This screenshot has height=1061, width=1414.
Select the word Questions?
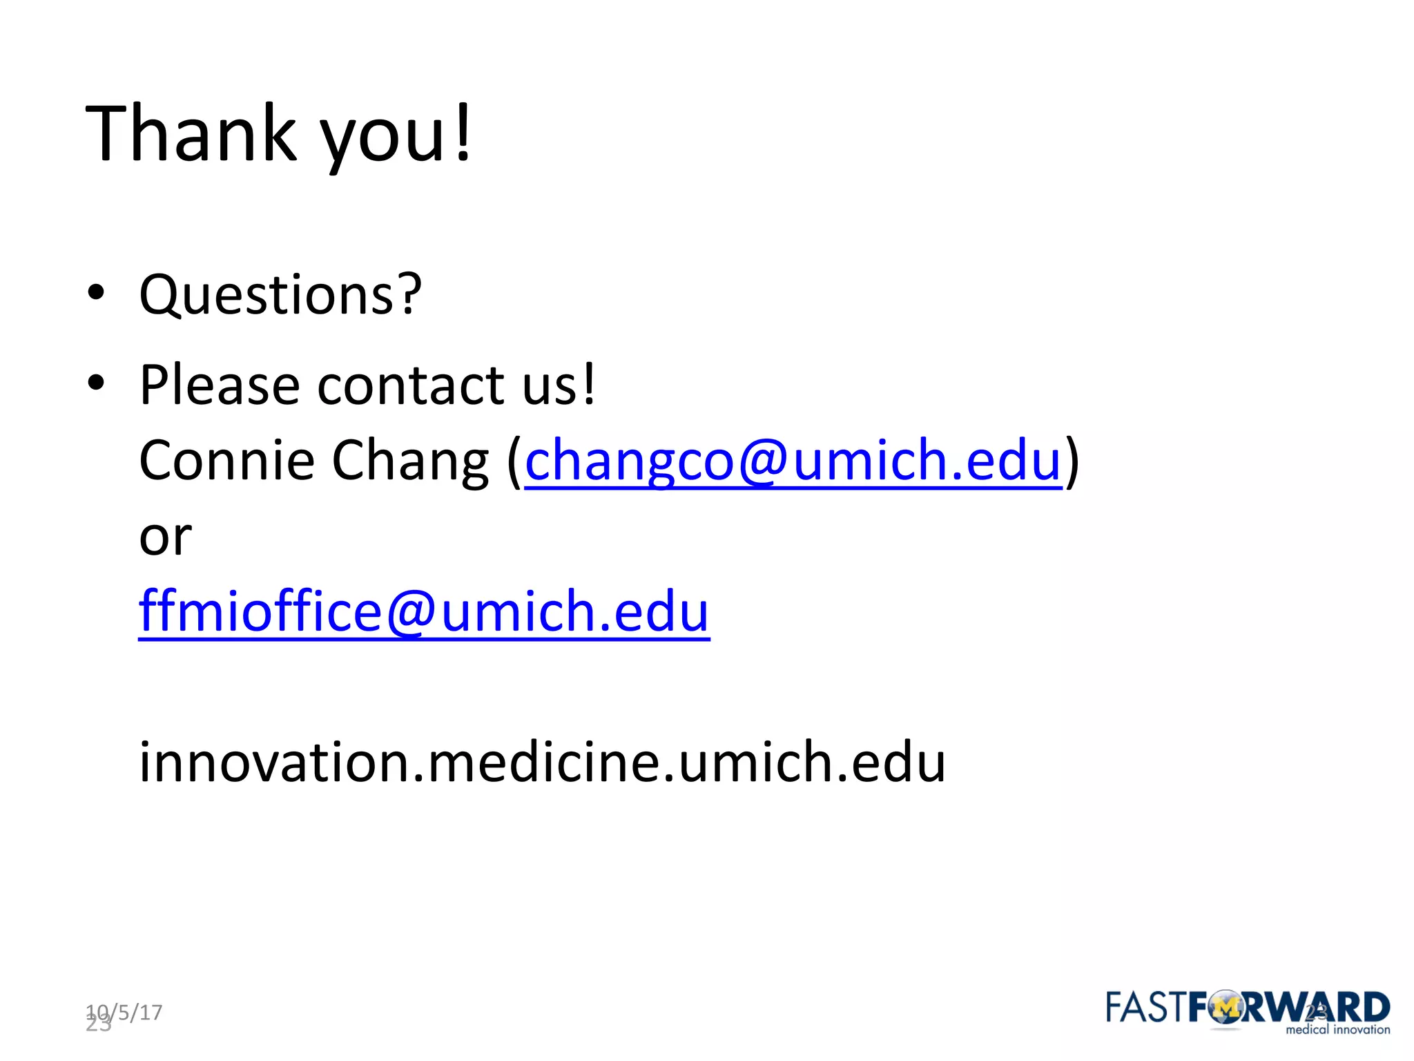tap(280, 295)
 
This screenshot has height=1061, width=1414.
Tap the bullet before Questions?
tap(96, 292)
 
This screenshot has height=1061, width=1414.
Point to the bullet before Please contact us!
tap(96, 381)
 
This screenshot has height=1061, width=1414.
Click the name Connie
tap(226, 461)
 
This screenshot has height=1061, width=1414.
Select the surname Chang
tap(410, 462)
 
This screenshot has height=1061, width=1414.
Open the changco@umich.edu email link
tap(793, 461)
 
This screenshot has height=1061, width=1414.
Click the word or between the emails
tap(165, 537)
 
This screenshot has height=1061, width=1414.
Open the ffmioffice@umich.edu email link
tap(424, 612)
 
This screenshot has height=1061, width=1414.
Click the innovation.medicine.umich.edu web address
tap(542, 763)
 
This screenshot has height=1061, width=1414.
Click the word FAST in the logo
tap(1146, 1008)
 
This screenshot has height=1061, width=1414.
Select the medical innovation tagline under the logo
tap(1337, 1030)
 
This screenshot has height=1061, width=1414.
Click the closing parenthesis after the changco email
tap(1072, 461)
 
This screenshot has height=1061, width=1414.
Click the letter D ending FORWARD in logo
tap(1375, 1008)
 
